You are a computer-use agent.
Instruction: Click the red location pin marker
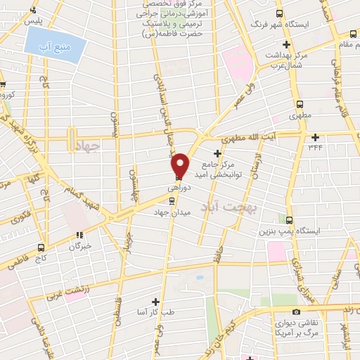(180, 165)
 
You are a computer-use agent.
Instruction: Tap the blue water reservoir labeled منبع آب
(56, 46)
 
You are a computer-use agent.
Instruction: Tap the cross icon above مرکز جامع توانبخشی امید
(217, 153)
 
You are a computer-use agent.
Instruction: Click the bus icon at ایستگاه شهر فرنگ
(280, 13)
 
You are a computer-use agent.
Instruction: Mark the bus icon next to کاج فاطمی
(41, 247)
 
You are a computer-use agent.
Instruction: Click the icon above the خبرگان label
(80, 236)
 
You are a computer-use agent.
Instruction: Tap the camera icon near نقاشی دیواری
(296, 311)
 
